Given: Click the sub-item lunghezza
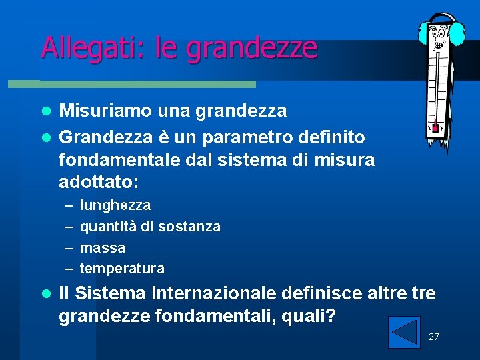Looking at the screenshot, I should [x=115, y=205].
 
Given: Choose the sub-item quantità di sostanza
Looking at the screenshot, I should [x=150, y=227].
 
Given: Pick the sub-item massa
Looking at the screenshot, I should [x=103, y=248].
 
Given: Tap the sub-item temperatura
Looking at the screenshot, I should [x=122, y=269].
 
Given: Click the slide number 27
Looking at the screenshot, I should [x=433, y=337].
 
